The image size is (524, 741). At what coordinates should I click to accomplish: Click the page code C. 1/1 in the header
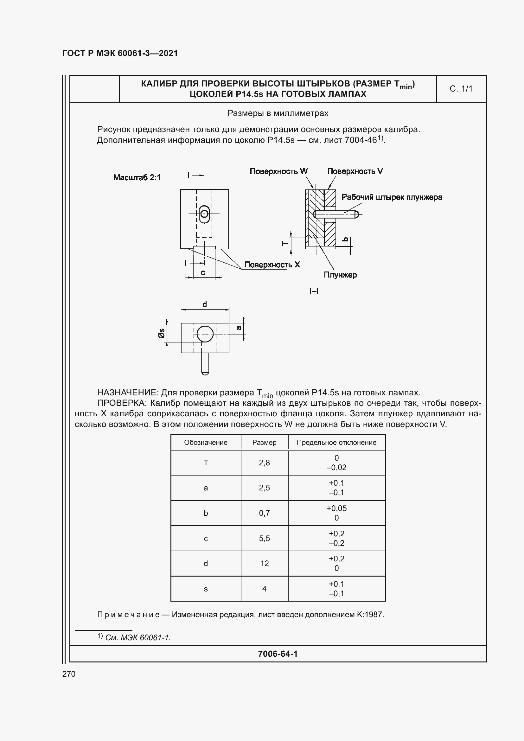[x=461, y=89]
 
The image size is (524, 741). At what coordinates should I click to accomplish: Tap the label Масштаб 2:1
[x=137, y=177]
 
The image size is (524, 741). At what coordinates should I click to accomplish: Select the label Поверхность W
[x=278, y=171]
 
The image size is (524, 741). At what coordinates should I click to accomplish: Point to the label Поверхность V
[x=355, y=171]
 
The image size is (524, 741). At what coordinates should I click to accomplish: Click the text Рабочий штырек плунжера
[x=392, y=197]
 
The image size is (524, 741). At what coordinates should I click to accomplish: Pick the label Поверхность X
[x=272, y=265]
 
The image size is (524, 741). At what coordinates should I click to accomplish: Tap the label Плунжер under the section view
[x=340, y=275]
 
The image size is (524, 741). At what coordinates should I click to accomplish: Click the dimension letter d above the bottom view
[x=205, y=304]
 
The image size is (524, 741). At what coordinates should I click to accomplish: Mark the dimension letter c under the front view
[x=203, y=273]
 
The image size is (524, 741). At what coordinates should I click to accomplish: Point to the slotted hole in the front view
[x=204, y=214]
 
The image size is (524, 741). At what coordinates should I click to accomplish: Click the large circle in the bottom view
[x=205, y=334]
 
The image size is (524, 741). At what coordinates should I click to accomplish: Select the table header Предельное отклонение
[x=336, y=443]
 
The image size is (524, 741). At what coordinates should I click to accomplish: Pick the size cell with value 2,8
[x=264, y=463]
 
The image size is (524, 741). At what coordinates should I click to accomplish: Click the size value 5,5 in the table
[x=264, y=538]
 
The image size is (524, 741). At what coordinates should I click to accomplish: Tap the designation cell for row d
[x=206, y=564]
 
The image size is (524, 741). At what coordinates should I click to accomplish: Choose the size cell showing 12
[x=264, y=564]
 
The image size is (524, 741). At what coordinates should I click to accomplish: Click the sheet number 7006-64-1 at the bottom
[x=278, y=654]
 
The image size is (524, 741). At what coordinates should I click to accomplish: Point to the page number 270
[x=69, y=674]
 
